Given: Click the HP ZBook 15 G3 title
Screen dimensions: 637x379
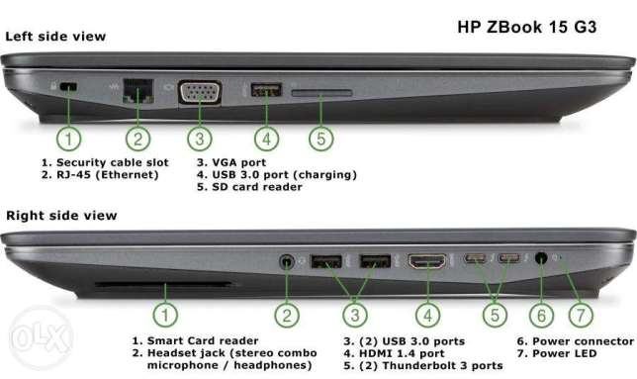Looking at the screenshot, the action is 527,27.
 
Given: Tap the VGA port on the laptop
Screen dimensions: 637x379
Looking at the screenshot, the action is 200,93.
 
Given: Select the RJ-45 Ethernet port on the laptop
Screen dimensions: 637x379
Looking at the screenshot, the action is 138,91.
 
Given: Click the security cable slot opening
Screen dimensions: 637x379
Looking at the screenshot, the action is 68,86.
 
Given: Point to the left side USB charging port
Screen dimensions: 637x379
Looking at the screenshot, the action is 266,89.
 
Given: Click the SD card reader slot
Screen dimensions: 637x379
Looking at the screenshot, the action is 321,93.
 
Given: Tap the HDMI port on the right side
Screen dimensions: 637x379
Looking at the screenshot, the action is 427,261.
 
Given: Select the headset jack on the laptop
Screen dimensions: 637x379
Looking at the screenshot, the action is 287,261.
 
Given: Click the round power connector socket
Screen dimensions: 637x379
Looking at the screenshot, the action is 541,258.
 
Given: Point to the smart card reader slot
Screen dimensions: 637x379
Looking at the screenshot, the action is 163,284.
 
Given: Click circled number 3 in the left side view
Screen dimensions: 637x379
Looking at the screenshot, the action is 200,139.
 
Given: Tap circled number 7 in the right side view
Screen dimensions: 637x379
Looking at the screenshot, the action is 581,316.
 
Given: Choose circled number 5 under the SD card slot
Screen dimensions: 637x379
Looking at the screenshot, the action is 320,139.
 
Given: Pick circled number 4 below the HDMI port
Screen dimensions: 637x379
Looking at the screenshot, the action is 427,316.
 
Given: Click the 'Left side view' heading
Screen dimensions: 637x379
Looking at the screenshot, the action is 55,37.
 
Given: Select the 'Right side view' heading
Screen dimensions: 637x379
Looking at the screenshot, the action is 61,216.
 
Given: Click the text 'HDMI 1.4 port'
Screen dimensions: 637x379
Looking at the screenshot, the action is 402,353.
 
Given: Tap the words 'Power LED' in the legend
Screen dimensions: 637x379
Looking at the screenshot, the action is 565,353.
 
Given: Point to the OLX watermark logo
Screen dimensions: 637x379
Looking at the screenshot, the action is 41,336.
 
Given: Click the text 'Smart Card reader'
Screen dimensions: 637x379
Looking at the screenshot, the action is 203,340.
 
